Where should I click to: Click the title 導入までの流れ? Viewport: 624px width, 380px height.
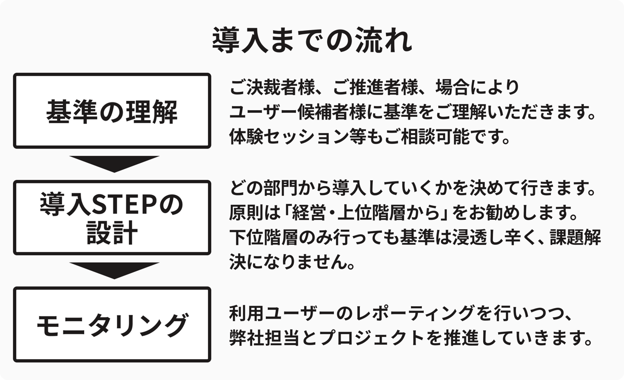pyautogui.click(x=312, y=40)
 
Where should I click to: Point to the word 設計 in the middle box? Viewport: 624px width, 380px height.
pyautogui.click(x=112, y=233)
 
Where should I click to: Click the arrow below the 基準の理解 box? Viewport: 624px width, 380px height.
pyautogui.click(x=114, y=164)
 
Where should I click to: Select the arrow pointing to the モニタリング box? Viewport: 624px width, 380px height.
pyautogui.click(x=114, y=271)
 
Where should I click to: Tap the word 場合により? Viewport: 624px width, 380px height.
pyautogui.click(x=477, y=87)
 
